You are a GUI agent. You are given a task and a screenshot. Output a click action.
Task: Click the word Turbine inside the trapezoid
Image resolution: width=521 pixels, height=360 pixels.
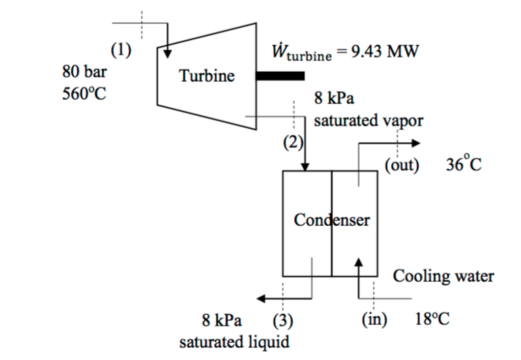click(x=207, y=76)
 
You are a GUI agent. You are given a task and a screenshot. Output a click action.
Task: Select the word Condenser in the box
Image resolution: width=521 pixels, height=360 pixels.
click(x=332, y=220)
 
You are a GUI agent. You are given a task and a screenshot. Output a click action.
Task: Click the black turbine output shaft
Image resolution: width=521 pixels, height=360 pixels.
click(x=280, y=76)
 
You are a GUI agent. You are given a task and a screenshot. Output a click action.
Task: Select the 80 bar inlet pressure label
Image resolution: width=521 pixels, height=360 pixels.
click(x=84, y=72)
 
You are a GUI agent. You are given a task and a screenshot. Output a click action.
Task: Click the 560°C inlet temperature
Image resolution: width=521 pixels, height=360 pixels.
click(x=84, y=94)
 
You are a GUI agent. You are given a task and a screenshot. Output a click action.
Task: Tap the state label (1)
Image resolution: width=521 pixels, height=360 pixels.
click(x=121, y=50)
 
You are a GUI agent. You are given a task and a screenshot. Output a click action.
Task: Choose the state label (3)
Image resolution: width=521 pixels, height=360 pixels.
click(x=283, y=320)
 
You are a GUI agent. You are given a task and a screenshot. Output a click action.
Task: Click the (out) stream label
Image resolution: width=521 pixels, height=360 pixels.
click(x=402, y=166)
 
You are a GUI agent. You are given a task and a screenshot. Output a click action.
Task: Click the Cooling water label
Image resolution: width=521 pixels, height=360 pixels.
click(x=443, y=276)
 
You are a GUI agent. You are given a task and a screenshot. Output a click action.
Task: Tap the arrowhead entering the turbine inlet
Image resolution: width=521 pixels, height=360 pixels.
click(x=167, y=52)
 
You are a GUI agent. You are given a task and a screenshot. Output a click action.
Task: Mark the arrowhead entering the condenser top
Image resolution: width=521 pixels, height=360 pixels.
click(x=305, y=166)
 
